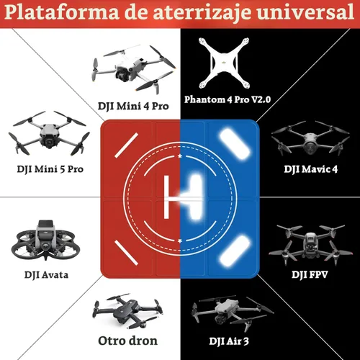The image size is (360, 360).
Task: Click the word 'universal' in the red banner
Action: [305, 12]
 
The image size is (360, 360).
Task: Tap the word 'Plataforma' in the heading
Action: [62, 12]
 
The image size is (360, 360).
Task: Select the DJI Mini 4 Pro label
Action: [133, 107]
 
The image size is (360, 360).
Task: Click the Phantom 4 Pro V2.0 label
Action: [228, 99]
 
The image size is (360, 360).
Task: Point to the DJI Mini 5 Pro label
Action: [50, 169]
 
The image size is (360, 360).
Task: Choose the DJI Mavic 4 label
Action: [311, 169]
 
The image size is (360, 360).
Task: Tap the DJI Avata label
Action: [46, 275]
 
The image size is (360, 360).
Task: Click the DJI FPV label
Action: [310, 275]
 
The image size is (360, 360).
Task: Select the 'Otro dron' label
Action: [128, 341]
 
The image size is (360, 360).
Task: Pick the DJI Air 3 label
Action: [229, 341]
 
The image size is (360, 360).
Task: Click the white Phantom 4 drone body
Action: [224, 63]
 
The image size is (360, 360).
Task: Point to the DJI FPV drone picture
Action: [311, 244]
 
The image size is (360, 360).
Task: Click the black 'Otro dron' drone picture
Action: [128, 311]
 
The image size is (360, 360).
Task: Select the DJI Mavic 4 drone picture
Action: [310, 138]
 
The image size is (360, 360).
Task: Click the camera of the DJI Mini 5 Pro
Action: [50, 142]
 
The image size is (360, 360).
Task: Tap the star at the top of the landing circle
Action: [180, 156]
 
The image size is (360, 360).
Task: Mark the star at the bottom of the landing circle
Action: [180, 240]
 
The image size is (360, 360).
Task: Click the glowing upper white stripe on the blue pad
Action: [235, 144]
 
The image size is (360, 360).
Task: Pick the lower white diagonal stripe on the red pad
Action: [126, 253]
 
